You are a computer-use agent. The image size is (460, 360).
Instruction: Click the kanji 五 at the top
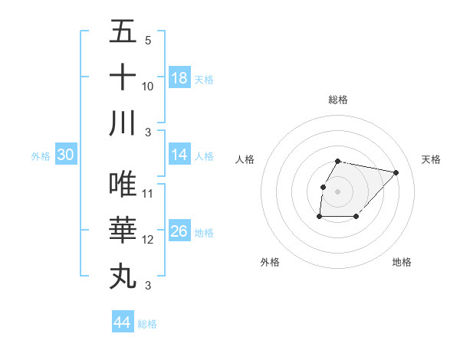coord(123,32)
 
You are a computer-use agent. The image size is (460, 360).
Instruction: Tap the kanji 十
coord(123,77)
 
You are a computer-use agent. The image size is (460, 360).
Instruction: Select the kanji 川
coord(123,123)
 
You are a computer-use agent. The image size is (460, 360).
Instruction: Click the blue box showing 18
coord(179,78)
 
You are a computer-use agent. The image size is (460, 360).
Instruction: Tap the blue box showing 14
coord(179,155)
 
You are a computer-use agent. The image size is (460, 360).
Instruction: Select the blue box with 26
coord(179,231)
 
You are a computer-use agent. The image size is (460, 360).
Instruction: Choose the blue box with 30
coord(66,155)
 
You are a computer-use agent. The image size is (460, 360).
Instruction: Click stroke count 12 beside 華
coord(148,240)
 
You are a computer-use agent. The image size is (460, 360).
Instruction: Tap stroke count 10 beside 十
coord(148,86)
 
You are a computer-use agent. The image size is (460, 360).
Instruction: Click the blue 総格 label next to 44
coord(147,324)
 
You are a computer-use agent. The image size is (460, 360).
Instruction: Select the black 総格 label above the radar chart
coord(338,100)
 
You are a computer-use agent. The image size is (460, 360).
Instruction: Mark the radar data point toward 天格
coord(396,172)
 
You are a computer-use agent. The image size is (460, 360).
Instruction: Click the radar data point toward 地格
coord(356,217)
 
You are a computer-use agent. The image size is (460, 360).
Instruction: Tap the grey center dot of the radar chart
coord(338,191)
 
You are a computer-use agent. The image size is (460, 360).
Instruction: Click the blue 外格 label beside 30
coord(41,156)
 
